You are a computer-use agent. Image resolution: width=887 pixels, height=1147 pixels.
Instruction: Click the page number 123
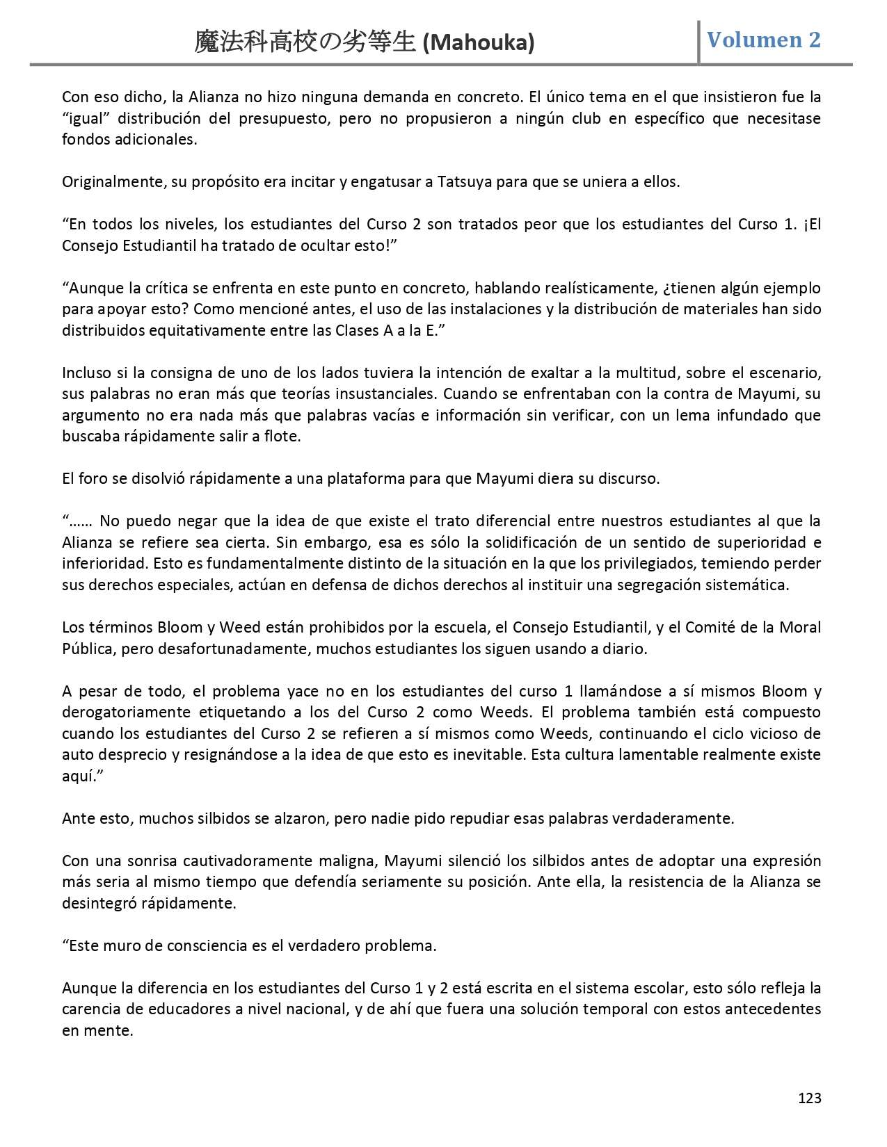[x=809, y=1098]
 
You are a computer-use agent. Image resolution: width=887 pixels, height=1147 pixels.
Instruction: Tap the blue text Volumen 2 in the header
[x=764, y=40]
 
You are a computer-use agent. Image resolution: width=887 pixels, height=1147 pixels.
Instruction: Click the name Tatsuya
[x=465, y=182]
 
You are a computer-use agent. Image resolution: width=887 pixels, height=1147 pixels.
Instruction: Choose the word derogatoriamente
[x=126, y=713]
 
